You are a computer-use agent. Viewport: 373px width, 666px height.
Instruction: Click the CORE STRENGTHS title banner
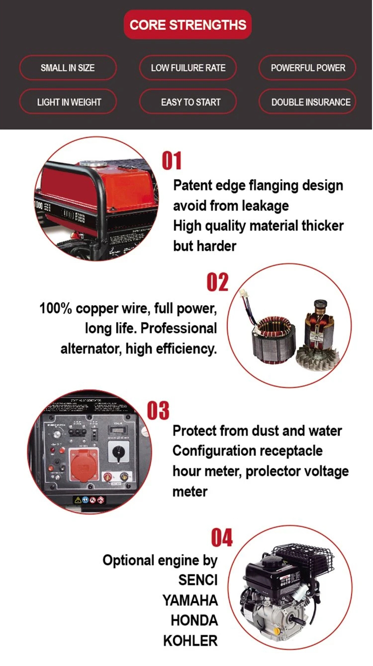[187, 25]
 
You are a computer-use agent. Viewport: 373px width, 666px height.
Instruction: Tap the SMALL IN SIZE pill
[68, 68]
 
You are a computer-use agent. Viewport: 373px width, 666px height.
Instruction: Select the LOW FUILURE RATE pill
[188, 68]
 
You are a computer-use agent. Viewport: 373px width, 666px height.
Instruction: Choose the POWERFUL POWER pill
[308, 68]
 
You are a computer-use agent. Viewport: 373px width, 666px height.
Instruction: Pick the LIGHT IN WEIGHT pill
[68, 102]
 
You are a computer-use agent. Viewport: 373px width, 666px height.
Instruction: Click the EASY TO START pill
[188, 102]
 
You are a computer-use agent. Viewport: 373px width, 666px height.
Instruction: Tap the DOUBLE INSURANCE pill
[308, 102]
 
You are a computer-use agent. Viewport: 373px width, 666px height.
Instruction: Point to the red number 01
[172, 161]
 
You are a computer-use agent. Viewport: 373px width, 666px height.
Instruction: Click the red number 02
[217, 282]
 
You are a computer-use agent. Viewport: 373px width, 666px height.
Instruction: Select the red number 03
[158, 411]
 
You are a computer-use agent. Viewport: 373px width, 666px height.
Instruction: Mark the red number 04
[222, 538]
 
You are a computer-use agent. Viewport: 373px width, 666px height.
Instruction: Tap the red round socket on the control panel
[84, 464]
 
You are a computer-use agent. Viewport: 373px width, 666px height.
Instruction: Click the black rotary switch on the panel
[118, 452]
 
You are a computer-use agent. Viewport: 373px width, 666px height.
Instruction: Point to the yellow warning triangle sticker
[78, 500]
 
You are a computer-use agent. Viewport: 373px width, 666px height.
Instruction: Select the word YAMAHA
[190, 600]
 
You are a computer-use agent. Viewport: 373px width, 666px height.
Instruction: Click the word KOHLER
[190, 641]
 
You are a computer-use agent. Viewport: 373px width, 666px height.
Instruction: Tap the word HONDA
[194, 621]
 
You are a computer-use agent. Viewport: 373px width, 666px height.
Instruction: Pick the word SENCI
[198, 580]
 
